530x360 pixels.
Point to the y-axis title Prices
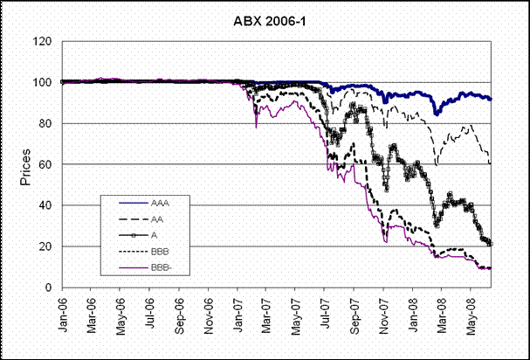pos(25,168)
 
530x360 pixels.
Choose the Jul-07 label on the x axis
pos(326,310)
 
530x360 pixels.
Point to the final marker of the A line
pos(491,244)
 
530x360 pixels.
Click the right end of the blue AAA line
pos(491,99)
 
